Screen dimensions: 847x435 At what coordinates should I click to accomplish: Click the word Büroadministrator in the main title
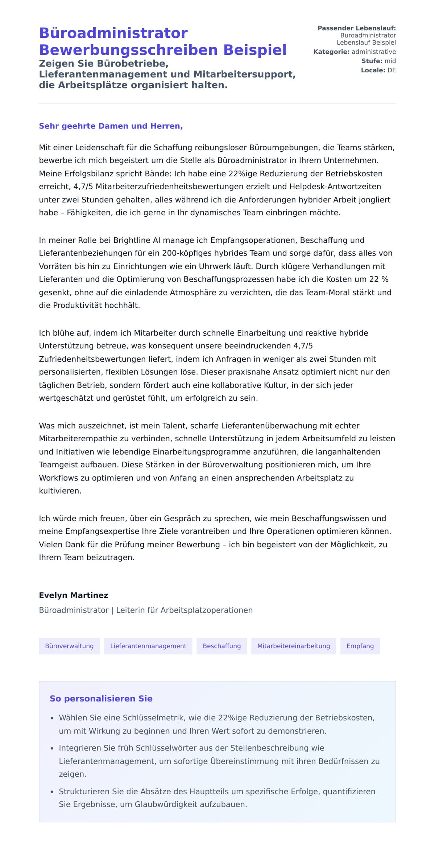(113, 33)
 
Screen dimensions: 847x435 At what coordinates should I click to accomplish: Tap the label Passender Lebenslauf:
(356, 28)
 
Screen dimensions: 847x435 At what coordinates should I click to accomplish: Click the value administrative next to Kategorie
(373, 52)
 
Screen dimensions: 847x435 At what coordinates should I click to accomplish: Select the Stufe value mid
(390, 61)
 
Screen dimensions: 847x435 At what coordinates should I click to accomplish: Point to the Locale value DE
(391, 70)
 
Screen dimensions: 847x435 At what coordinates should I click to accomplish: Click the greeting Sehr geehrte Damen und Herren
(111, 126)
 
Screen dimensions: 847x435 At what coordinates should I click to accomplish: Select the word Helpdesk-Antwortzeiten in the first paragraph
(335, 187)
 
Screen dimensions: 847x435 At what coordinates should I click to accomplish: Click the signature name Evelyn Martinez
(74, 595)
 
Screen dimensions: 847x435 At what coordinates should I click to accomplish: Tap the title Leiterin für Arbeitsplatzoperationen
(184, 610)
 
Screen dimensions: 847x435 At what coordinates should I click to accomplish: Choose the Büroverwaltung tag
(69, 646)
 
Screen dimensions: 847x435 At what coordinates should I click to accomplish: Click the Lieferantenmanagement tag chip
(148, 646)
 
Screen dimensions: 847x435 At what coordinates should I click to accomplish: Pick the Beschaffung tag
(221, 646)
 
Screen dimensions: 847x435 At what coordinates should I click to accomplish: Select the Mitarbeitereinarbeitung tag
(293, 646)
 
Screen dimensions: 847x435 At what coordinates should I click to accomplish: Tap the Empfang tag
(360, 646)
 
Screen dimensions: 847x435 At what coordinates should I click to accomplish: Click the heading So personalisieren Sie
(101, 699)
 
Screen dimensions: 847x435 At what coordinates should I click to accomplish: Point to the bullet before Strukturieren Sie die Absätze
(52, 792)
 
